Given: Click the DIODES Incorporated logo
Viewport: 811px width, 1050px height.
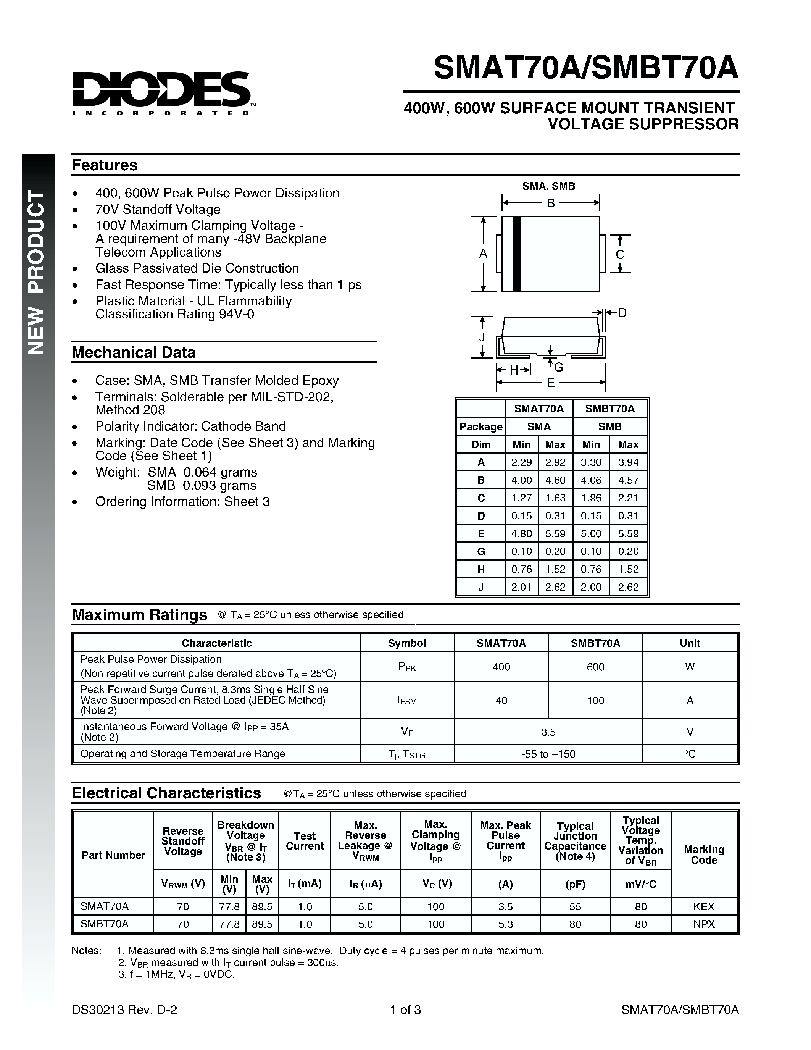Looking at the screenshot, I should pyautogui.click(x=162, y=92).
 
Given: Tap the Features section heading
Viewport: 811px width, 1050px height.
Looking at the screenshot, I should pyautogui.click(x=104, y=165).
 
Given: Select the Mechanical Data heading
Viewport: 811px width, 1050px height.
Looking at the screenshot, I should pyautogui.click(x=134, y=352).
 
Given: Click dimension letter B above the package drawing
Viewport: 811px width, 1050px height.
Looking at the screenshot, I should pyautogui.click(x=551, y=203).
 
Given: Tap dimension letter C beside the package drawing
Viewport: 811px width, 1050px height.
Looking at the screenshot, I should pyautogui.click(x=620, y=254).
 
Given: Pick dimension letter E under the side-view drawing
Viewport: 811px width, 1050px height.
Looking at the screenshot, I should pyautogui.click(x=551, y=383).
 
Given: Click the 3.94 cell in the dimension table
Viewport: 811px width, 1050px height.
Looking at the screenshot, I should pyautogui.click(x=628, y=462).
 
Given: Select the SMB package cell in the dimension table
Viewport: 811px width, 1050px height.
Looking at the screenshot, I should pyautogui.click(x=610, y=426).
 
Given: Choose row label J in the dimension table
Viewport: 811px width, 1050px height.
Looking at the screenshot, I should pyautogui.click(x=481, y=587).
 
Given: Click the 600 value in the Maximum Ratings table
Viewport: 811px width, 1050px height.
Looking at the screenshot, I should pyautogui.click(x=595, y=667).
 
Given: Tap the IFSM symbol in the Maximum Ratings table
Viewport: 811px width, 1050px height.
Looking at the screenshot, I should pyautogui.click(x=407, y=701).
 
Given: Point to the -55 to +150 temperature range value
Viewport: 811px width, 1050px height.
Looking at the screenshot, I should pyautogui.click(x=548, y=754).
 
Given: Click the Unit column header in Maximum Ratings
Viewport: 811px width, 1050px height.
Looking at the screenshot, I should pyautogui.click(x=690, y=643).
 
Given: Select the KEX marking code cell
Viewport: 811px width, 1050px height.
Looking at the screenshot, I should pyautogui.click(x=704, y=906).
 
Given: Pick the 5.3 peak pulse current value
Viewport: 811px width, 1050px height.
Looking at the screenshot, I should pyautogui.click(x=505, y=924).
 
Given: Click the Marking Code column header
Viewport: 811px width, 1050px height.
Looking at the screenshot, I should pyautogui.click(x=704, y=855).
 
